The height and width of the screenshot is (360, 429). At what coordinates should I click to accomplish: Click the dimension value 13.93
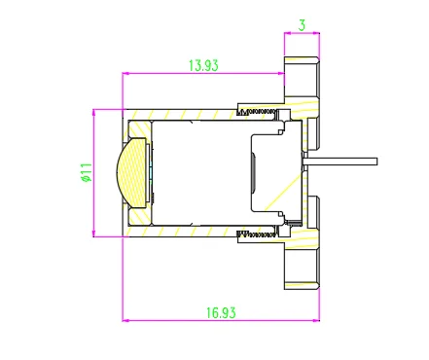(203, 65)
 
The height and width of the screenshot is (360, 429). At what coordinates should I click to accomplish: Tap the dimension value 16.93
(221, 313)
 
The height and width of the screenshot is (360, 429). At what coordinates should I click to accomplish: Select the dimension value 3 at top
(302, 25)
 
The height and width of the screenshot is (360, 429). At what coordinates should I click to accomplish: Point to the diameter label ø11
(88, 172)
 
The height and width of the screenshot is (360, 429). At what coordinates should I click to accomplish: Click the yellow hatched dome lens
(131, 172)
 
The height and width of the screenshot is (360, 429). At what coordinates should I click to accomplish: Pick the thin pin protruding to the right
(340, 162)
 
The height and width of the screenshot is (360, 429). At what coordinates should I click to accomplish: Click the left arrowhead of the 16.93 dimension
(125, 320)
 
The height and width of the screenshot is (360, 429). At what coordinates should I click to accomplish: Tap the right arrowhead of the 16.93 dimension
(316, 320)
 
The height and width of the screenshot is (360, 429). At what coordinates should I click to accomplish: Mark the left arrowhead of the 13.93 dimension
(125, 74)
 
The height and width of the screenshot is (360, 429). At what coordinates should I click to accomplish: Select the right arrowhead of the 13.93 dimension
(281, 74)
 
